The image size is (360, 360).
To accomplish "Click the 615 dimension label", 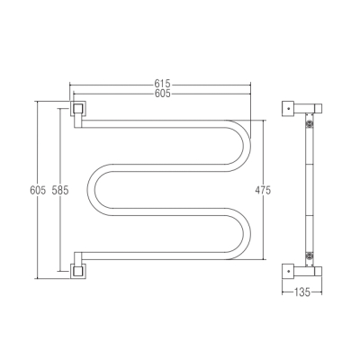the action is pyautogui.click(x=162, y=83).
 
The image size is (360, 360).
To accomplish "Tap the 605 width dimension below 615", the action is pyautogui.click(x=162, y=94).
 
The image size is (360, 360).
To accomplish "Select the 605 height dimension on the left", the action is pyautogui.click(x=38, y=190).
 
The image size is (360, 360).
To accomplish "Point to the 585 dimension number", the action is pyautogui.click(x=60, y=190).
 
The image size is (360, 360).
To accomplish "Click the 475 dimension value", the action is pyautogui.click(x=263, y=190).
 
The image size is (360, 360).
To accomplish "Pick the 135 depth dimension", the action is pyautogui.click(x=301, y=292).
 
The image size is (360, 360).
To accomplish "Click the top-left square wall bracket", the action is pyautogui.click(x=78, y=108).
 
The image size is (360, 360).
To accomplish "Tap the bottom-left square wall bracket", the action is pyautogui.click(x=78, y=271).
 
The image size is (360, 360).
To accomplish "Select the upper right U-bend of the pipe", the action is pyautogui.click(x=246, y=147).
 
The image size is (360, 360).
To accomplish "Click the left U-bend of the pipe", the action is pyautogui.click(x=91, y=190).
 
